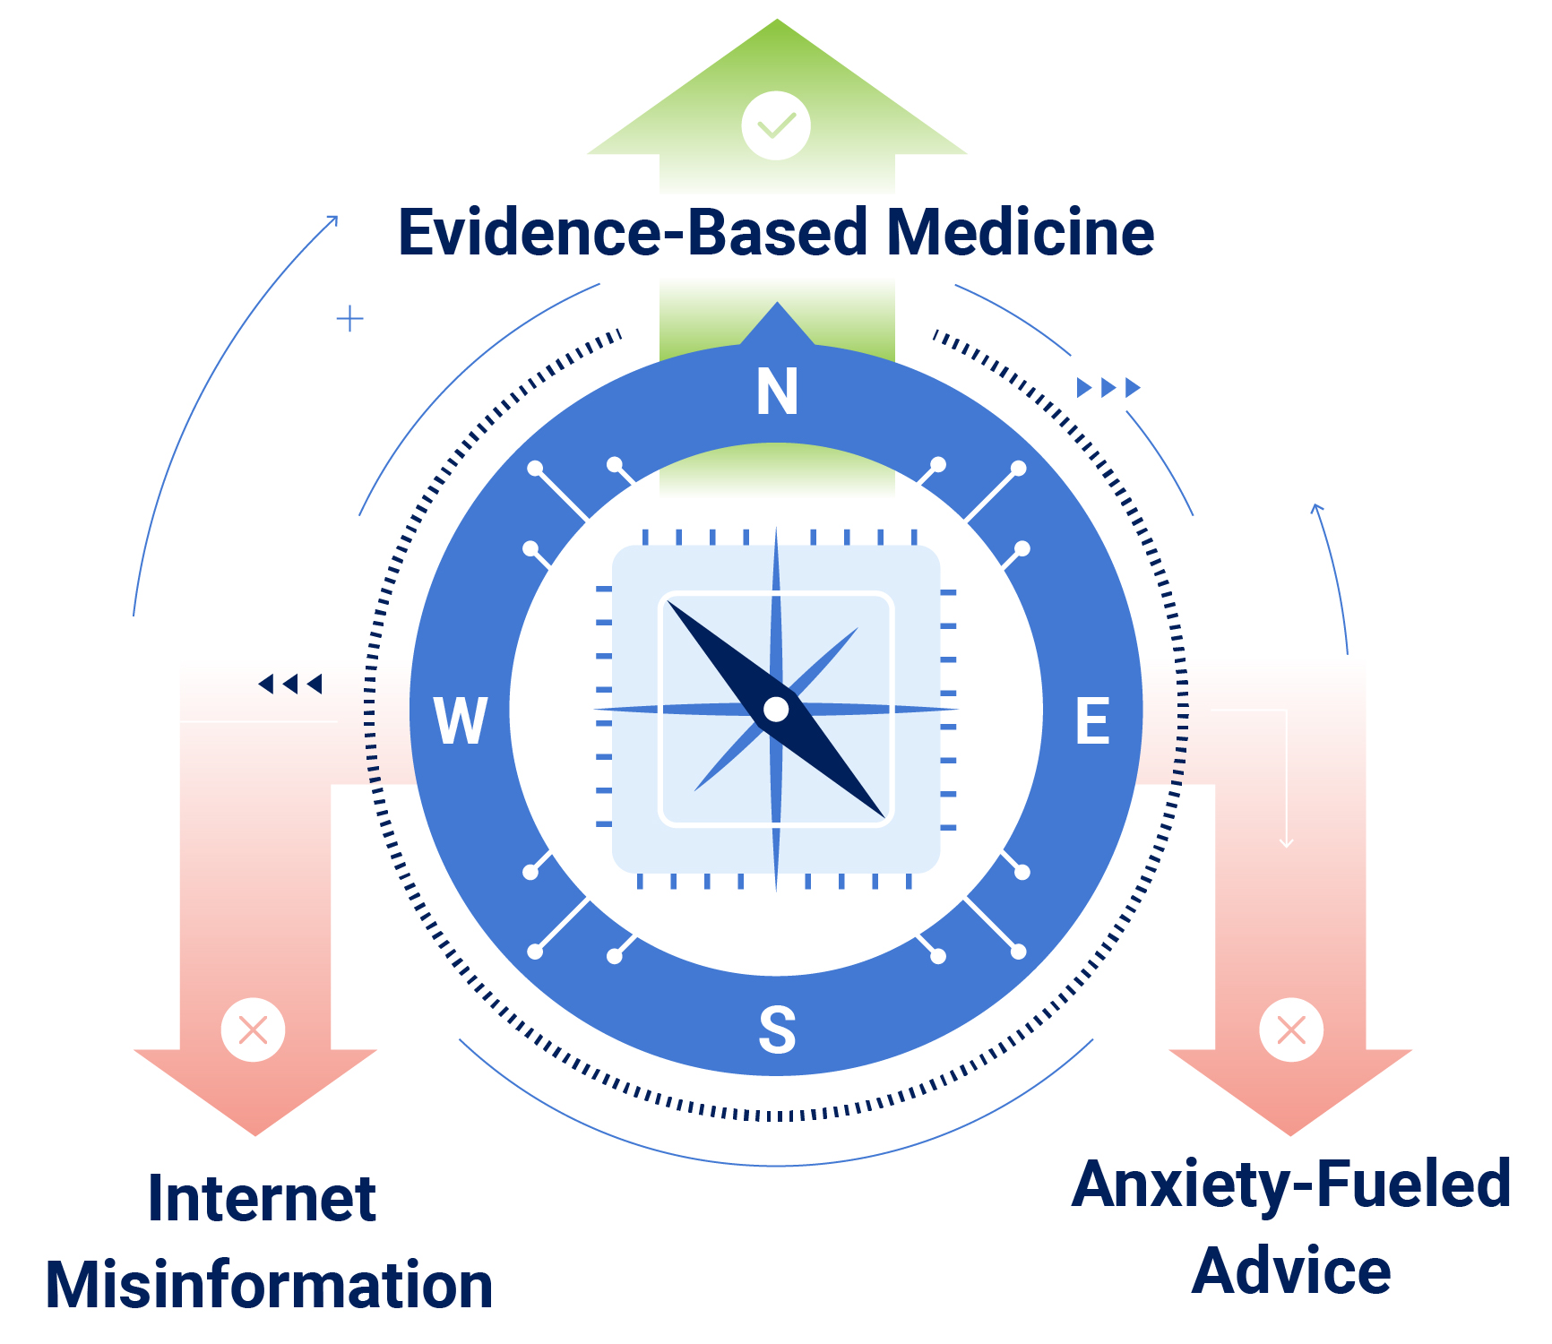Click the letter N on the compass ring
pos(777,392)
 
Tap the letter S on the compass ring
pos(777,1030)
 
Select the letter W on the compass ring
pos(461,720)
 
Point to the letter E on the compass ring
pos(1092,720)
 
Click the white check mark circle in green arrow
pos(776,125)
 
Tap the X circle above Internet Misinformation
pos(254,1030)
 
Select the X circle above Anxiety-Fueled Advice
pos(1290,1030)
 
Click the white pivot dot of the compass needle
pos(776,710)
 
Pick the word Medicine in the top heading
pos(1020,233)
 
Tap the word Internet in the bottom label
pos(262,1199)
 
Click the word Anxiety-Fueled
pos(1290,1185)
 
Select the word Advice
pos(1290,1271)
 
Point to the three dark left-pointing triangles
pos(289,685)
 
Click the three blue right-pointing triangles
pos(1108,387)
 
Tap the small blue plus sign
pos(349,318)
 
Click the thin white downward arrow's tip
pos(1286,845)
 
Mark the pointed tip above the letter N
pos(777,305)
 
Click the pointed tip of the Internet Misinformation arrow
pos(255,1133)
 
